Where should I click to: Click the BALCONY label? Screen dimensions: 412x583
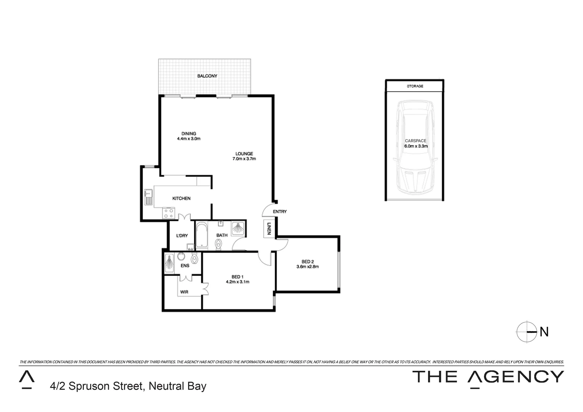click(x=207, y=76)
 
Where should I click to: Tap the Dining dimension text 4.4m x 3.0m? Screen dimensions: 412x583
click(x=188, y=139)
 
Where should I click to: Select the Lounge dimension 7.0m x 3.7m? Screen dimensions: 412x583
click(x=244, y=159)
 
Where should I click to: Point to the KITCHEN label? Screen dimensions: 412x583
click(x=181, y=198)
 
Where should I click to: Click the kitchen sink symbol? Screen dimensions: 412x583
click(x=148, y=197)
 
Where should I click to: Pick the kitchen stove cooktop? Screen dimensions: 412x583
click(x=168, y=213)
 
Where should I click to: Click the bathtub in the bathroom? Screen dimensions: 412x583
click(x=201, y=236)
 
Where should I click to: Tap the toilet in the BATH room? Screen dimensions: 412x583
click(x=219, y=244)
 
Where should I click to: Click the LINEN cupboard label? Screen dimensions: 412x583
click(x=269, y=229)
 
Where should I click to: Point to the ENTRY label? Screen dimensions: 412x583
click(x=280, y=212)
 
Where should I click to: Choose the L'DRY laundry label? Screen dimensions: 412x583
click(x=182, y=236)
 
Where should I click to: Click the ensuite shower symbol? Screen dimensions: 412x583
click(x=169, y=263)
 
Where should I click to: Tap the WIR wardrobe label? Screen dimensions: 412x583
click(x=184, y=292)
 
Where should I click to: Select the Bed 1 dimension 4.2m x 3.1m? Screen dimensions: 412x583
click(x=237, y=282)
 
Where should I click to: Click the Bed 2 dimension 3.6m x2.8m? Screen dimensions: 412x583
click(x=308, y=267)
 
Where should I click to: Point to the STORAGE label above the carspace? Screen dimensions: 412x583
click(x=415, y=86)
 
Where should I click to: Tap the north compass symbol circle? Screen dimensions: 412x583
click(x=527, y=332)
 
